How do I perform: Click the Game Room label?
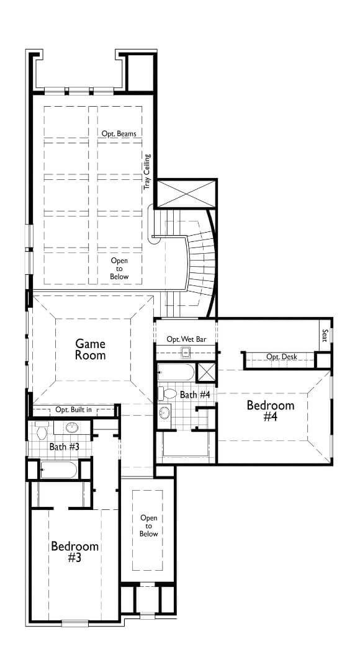pos(91,349)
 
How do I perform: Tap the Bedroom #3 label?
pos(75,552)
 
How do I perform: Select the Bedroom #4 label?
pos(270,411)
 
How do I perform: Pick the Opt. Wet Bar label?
pos(186,339)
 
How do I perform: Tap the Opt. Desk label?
pos(281,357)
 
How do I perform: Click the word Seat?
pos(324,334)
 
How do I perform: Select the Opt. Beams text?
pos(119,133)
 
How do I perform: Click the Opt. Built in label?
pos(73,410)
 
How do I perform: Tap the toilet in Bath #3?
pos(42,429)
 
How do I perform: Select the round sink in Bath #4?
pos(165,413)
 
